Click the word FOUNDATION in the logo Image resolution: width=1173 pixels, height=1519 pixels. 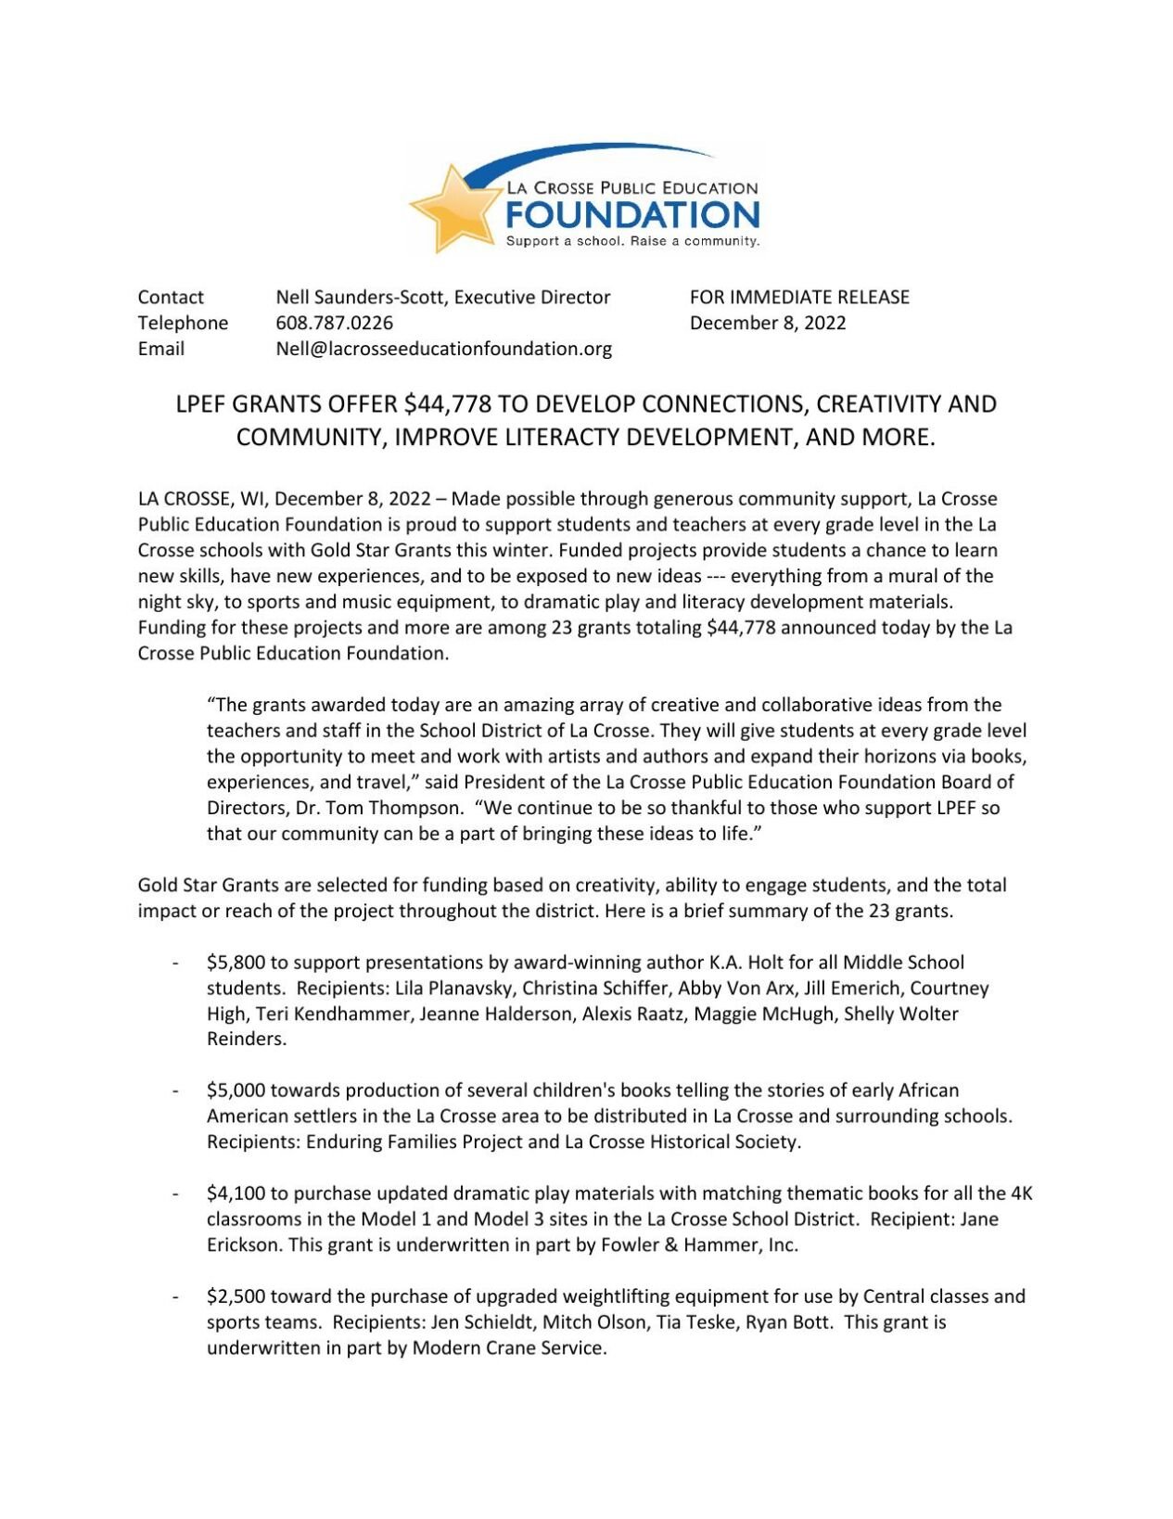pos(632,216)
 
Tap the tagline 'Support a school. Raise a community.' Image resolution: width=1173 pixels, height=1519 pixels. pos(632,241)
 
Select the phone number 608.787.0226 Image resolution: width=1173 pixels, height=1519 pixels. pos(334,323)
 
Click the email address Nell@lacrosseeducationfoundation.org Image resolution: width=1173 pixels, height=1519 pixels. pos(443,349)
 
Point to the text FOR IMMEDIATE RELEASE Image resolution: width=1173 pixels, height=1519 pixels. pos(798,297)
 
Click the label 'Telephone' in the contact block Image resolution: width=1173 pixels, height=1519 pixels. pos(183,323)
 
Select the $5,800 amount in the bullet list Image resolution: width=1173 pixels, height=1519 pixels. pos(236,963)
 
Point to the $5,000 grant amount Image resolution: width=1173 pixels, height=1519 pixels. pos(236,1090)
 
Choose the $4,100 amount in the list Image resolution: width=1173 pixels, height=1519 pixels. pos(236,1193)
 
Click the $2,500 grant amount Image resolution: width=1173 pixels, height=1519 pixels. pos(236,1296)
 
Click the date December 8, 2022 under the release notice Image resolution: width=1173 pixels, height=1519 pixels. pos(767,323)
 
